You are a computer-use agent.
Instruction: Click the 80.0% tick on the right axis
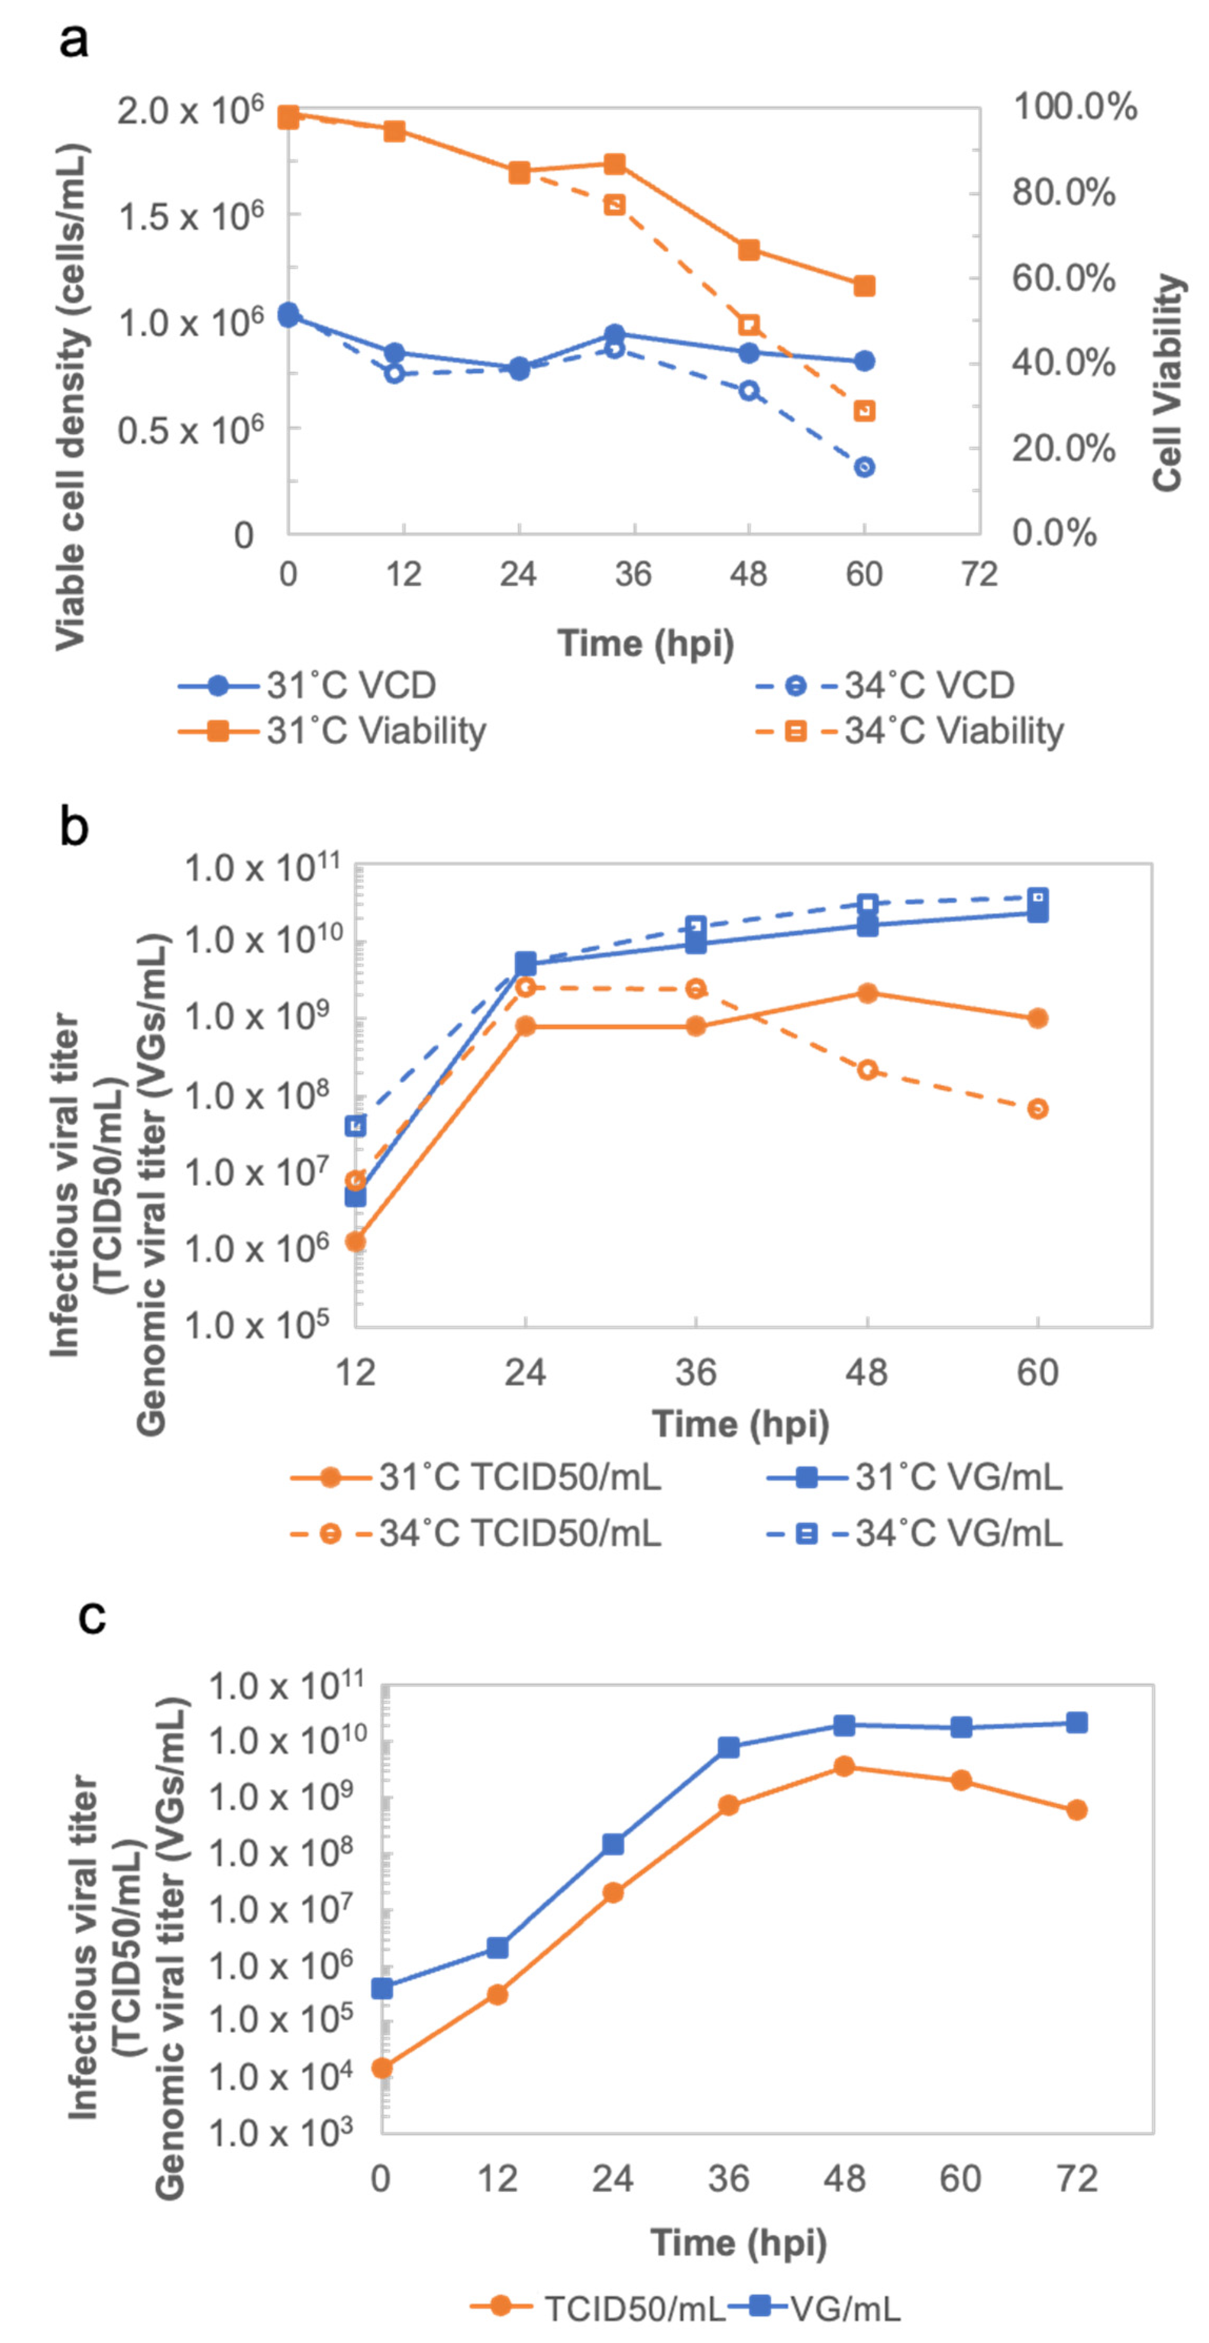click(x=1063, y=192)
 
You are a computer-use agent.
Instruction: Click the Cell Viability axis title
click(x=1168, y=382)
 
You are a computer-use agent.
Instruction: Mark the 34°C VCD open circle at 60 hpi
click(x=864, y=467)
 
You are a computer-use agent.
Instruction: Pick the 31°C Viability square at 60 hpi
click(x=864, y=286)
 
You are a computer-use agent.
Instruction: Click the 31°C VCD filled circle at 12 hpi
click(x=394, y=353)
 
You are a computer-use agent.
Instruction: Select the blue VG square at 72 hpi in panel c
click(x=1076, y=1723)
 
